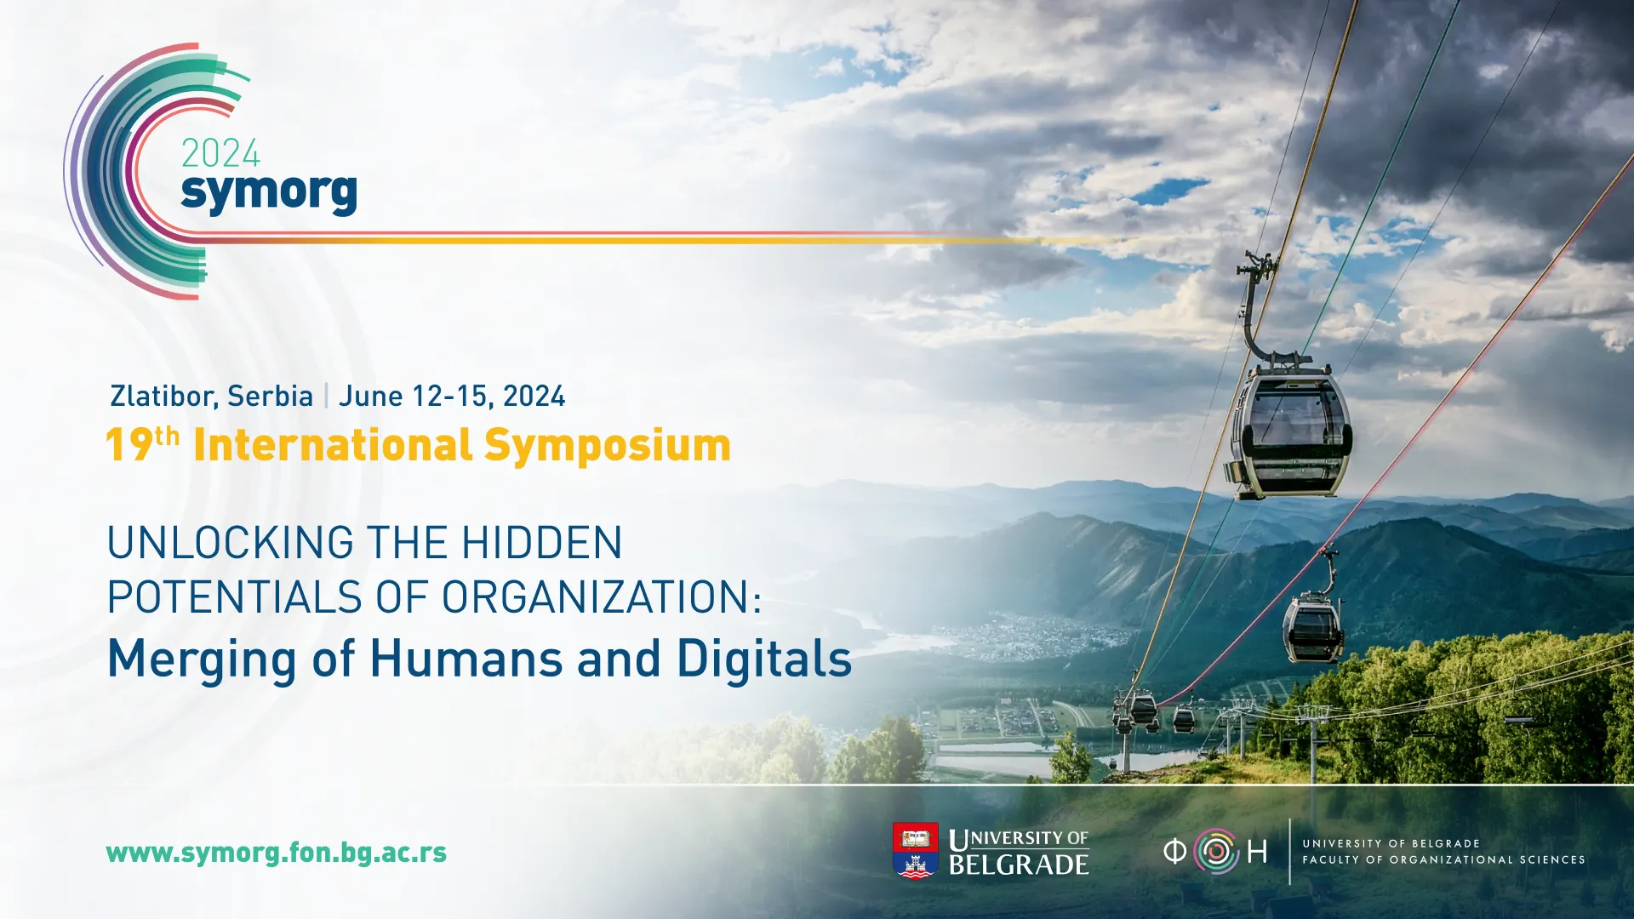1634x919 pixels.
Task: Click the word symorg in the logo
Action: pyautogui.click(x=269, y=193)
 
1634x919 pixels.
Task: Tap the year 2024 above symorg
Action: pyautogui.click(x=220, y=154)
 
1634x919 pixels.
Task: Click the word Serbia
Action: pyautogui.click(x=271, y=397)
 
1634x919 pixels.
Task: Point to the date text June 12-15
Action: pyautogui.click(x=414, y=397)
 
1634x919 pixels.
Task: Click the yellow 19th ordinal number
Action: pyautogui.click(x=143, y=444)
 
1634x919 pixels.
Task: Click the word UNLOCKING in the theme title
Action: pyautogui.click(x=231, y=543)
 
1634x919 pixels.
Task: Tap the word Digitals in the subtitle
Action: pyautogui.click(x=764, y=659)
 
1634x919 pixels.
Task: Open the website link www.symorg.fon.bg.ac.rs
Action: pyautogui.click(x=277, y=853)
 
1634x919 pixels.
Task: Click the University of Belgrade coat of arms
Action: pyautogui.click(x=916, y=850)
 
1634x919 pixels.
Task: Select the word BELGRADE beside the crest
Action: pyautogui.click(x=1019, y=865)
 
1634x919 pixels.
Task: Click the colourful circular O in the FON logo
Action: pyautogui.click(x=1215, y=851)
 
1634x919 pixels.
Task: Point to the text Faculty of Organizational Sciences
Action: pyautogui.click(x=1443, y=860)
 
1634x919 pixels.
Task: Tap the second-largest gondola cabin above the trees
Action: pyautogui.click(x=1313, y=627)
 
